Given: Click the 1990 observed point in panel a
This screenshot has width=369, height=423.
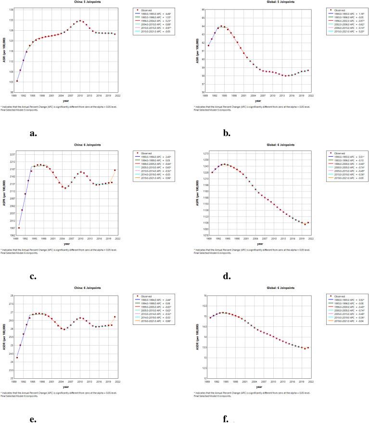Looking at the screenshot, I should point(17,81).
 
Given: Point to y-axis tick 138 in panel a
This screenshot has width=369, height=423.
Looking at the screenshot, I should point(11,10).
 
